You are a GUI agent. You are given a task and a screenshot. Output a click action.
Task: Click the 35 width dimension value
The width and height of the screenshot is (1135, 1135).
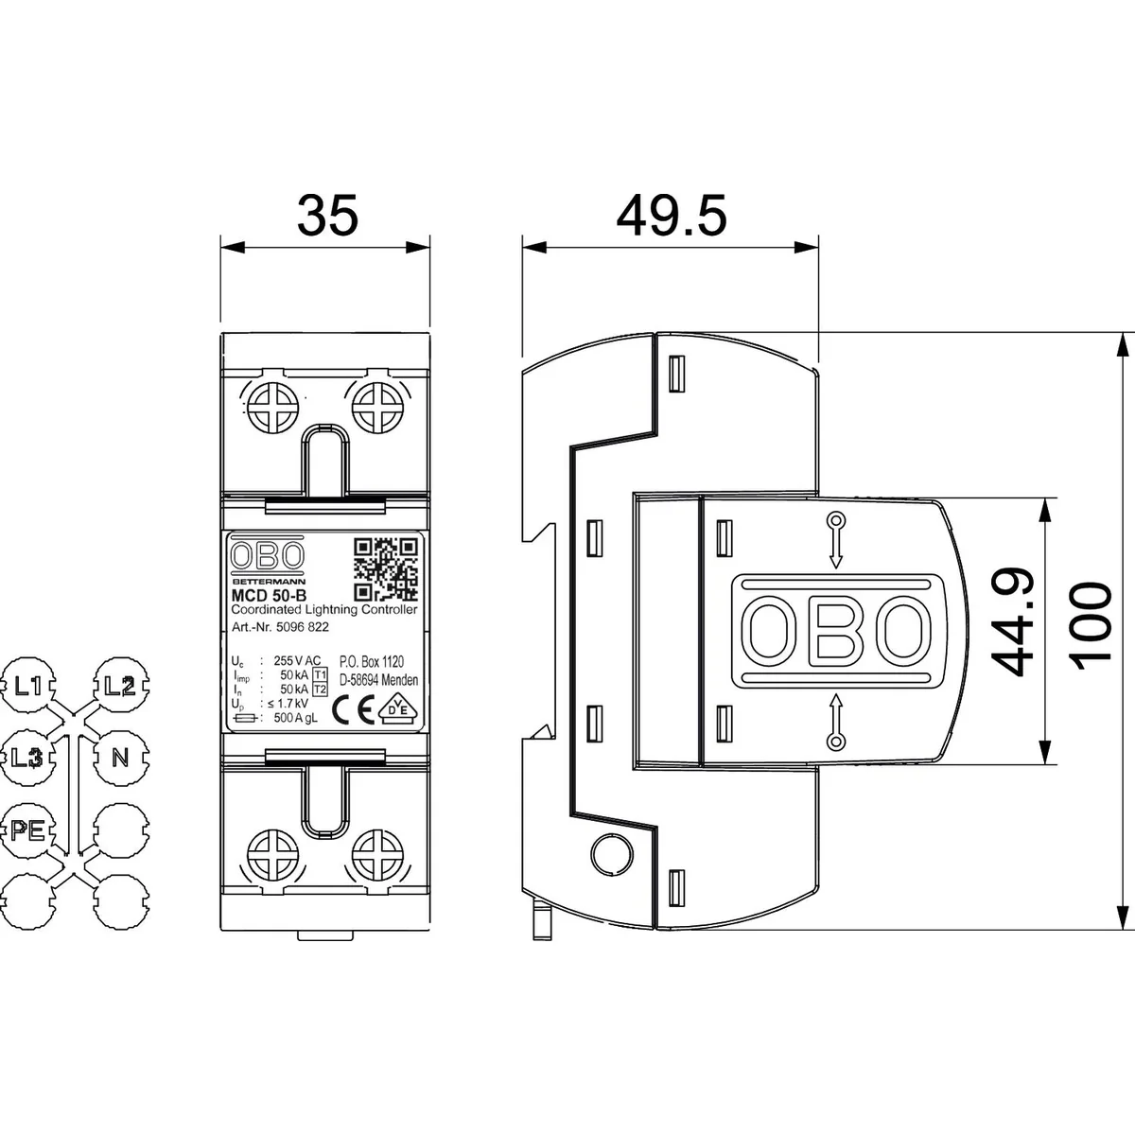pos(328,216)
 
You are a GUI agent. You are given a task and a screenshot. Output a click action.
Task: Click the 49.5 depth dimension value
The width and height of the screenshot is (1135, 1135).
pos(672,216)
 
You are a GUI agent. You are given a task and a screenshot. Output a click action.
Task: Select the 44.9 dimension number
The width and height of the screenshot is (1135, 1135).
pos(1004,622)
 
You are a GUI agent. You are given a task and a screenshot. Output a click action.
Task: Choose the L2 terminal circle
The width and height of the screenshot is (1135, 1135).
pos(120,686)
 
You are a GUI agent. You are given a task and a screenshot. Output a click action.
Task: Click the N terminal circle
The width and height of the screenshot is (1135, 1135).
pos(120,758)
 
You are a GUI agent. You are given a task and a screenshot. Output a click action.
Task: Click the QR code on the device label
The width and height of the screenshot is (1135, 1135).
pos(385,569)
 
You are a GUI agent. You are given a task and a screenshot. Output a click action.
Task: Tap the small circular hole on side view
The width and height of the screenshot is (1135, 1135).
pos(608,855)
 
